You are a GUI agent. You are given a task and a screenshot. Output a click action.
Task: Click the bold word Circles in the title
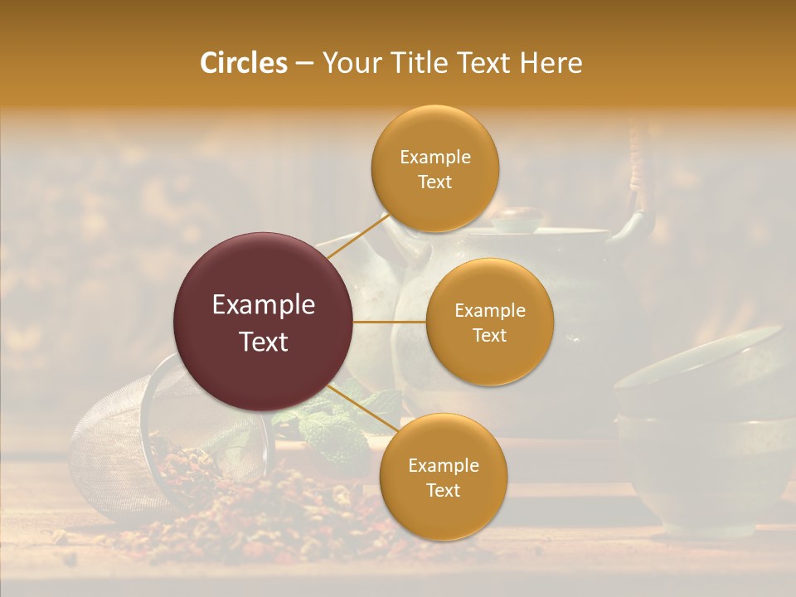click(x=244, y=63)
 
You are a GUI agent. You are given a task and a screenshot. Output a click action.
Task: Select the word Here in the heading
click(x=552, y=63)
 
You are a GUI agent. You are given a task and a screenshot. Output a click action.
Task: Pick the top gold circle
click(x=434, y=168)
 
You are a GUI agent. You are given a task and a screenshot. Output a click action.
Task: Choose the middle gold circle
click(x=490, y=322)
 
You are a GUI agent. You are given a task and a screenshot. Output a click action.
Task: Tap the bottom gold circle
click(x=443, y=477)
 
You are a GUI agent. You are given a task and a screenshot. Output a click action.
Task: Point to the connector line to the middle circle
click(x=390, y=322)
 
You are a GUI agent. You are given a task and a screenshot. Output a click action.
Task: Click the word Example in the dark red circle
click(x=264, y=305)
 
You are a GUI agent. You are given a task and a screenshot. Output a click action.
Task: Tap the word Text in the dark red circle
click(x=264, y=342)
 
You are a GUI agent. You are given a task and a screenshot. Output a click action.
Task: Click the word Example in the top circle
click(x=434, y=158)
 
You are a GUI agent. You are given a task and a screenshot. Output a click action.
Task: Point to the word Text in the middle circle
click(x=489, y=335)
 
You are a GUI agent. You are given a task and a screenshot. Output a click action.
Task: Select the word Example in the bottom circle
click(x=443, y=466)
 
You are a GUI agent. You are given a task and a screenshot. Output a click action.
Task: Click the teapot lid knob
click(x=517, y=219)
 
